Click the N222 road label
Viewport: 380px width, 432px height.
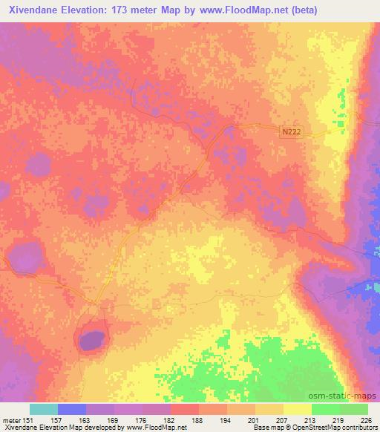[x=292, y=131]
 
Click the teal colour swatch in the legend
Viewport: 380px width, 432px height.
[x=44, y=409]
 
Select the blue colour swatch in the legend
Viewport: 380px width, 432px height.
[x=72, y=409]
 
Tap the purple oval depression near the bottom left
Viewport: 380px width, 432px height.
[x=91, y=341]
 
